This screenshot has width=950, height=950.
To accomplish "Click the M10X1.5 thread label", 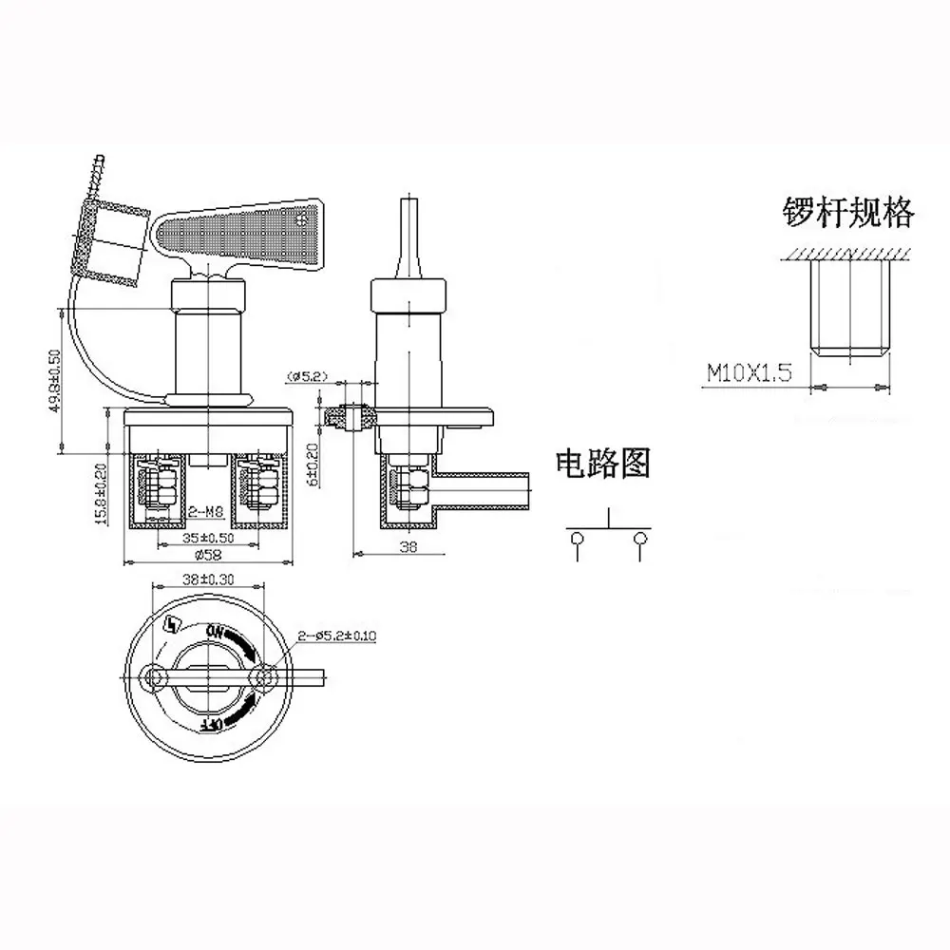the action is click(750, 372).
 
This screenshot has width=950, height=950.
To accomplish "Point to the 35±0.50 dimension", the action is click(206, 538).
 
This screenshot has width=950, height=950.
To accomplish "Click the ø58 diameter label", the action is click(207, 556).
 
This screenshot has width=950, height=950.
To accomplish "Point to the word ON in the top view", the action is click(214, 631).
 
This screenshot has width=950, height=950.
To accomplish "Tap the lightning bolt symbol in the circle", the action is click(172, 626).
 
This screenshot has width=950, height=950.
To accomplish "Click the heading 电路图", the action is click(603, 464).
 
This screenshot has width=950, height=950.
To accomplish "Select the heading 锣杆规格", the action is click(846, 213).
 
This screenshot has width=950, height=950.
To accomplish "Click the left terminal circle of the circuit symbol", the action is click(576, 540).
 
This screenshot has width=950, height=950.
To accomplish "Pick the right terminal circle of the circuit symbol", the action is click(639, 540).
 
